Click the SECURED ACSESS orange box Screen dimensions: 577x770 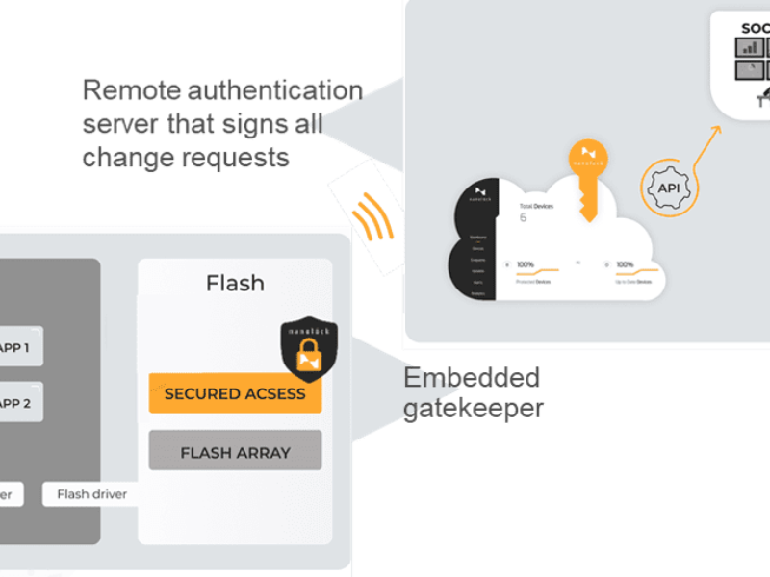(x=235, y=393)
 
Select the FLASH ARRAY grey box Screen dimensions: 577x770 (x=235, y=451)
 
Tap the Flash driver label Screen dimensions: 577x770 (x=91, y=494)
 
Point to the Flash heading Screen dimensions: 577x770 (x=235, y=283)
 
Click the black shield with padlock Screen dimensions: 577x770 (x=309, y=348)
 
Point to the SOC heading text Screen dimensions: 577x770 (x=755, y=29)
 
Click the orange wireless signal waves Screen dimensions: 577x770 (x=372, y=219)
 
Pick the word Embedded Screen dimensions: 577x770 (x=472, y=378)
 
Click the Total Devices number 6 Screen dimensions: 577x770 (x=523, y=217)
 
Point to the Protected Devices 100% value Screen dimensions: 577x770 (x=526, y=263)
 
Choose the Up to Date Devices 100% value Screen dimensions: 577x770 (x=624, y=263)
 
